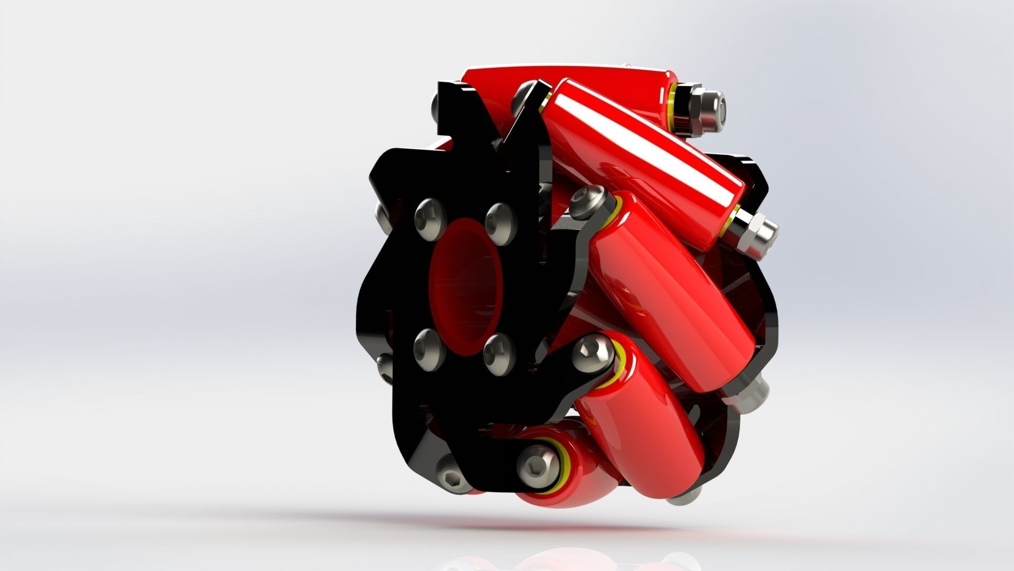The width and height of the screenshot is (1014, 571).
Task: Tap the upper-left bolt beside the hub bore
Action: tap(427, 217)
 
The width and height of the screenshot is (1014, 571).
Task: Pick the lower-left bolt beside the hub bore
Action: tap(426, 348)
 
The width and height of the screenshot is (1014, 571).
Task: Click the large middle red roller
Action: tap(671, 296)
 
